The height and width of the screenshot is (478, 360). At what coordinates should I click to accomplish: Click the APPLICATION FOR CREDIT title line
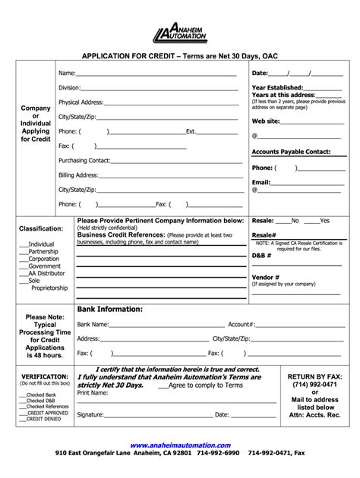(x=179, y=55)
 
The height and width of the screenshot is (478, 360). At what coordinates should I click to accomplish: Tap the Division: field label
(x=69, y=88)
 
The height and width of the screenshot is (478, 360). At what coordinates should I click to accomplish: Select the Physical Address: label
(x=81, y=102)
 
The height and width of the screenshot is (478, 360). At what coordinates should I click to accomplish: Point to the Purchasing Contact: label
(x=85, y=161)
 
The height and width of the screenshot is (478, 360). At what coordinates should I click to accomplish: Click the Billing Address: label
(x=78, y=175)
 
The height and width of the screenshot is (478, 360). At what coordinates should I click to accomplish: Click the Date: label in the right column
(x=261, y=74)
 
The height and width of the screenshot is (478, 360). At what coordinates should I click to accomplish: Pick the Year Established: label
(x=277, y=88)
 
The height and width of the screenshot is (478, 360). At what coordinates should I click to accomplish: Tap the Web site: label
(x=266, y=121)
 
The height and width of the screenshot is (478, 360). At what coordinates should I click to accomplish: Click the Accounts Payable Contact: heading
(x=291, y=152)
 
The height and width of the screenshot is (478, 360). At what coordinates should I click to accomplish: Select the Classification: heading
(x=40, y=228)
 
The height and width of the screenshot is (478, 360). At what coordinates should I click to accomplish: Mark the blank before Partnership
(x=23, y=251)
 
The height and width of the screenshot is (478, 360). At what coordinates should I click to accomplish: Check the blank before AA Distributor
(x=23, y=273)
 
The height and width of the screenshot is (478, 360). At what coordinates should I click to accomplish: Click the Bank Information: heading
(x=110, y=310)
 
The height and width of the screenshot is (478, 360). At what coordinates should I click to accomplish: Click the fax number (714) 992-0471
(x=314, y=385)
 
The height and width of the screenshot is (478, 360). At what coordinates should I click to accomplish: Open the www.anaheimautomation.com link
(x=179, y=445)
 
